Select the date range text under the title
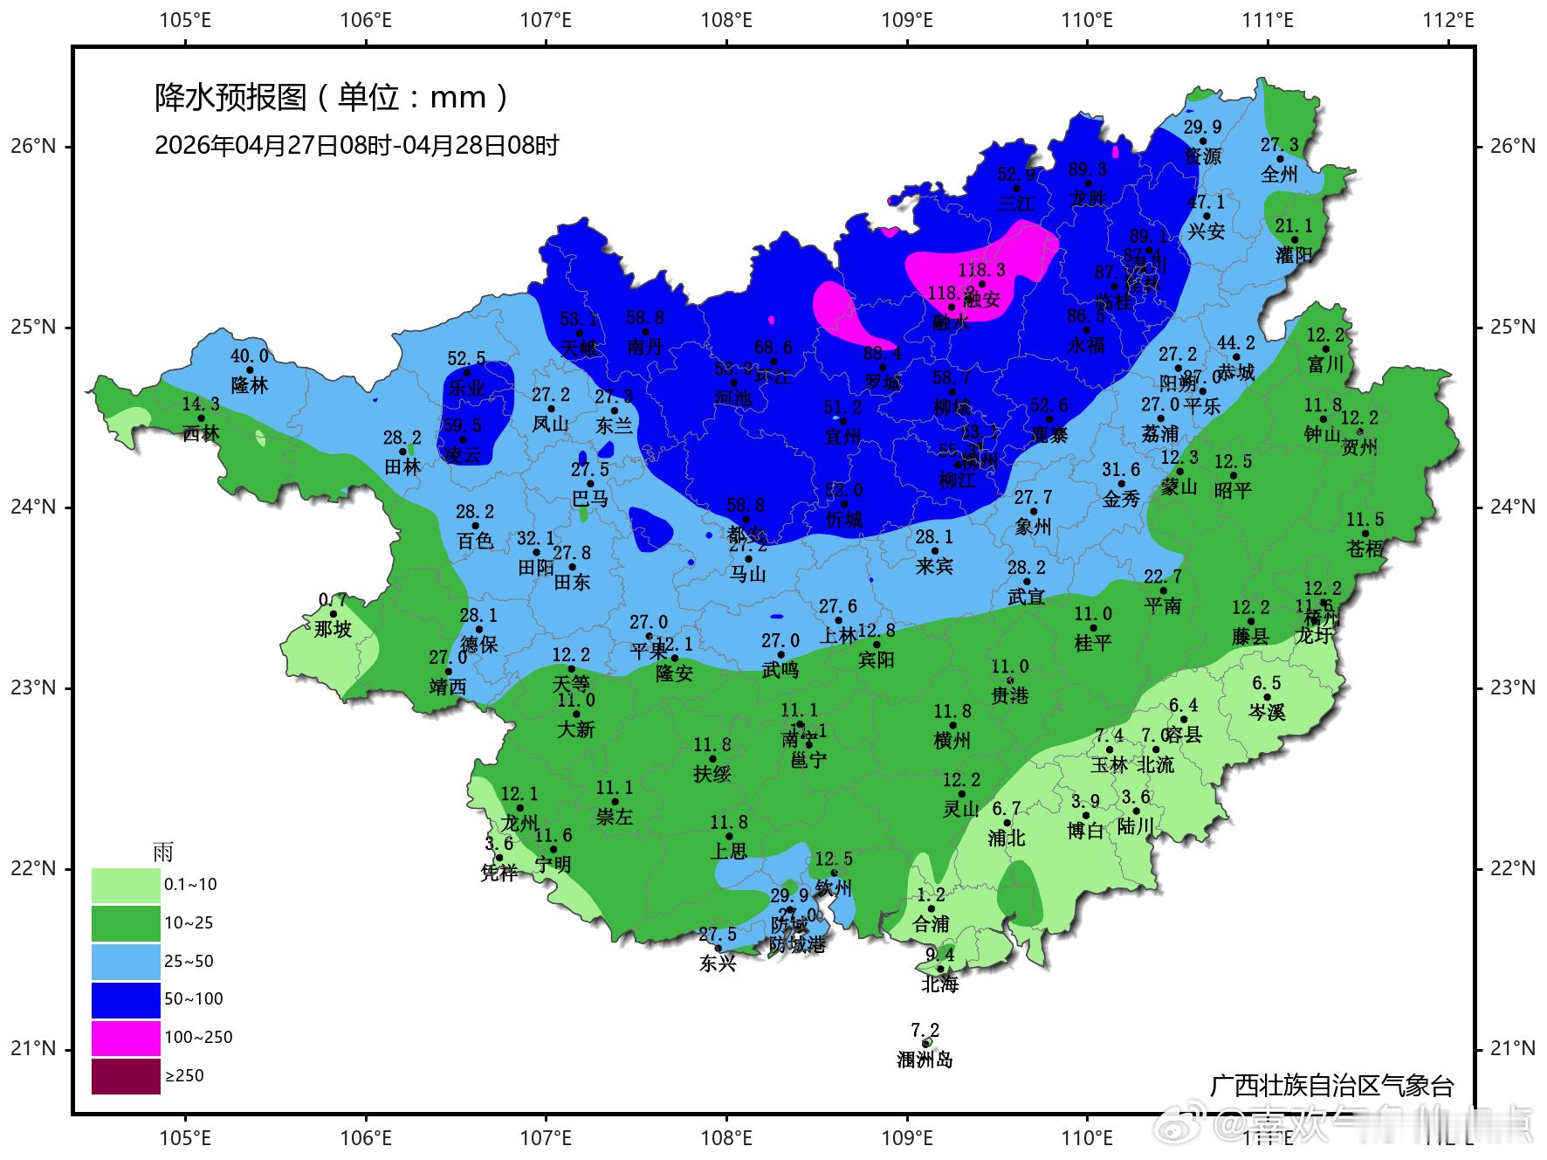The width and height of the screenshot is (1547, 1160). click(x=356, y=145)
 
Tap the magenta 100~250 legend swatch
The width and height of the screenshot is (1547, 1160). click(x=126, y=1038)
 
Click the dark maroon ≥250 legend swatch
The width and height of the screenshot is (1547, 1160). click(x=126, y=1076)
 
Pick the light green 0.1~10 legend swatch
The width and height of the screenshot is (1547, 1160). click(x=126, y=885)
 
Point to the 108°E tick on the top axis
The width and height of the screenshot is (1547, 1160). click(x=726, y=19)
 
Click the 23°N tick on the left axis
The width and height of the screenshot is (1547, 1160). click(x=33, y=688)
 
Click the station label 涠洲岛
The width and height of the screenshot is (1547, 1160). click(x=925, y=1060)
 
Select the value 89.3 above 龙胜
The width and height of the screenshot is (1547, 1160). click(x=1087, y=169)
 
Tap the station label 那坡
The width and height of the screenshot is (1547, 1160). click(x=333, y=629)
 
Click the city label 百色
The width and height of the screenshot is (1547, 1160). click(x=475, y=541)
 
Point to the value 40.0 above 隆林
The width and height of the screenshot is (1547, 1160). click(x=250, y=356)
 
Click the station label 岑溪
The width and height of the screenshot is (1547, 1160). click(x=1267, y=713)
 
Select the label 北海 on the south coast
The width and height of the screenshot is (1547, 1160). click(x=939, y=984)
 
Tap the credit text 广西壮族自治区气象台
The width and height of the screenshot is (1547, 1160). click(x=1331, y=1086)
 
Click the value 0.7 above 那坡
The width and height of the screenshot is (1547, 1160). click(x=333, y=600)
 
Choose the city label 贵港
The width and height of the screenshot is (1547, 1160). click(x=1010, y=695)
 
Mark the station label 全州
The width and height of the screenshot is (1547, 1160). click(x=1279, y=175)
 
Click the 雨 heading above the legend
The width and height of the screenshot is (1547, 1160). click(x=163, y=852)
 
